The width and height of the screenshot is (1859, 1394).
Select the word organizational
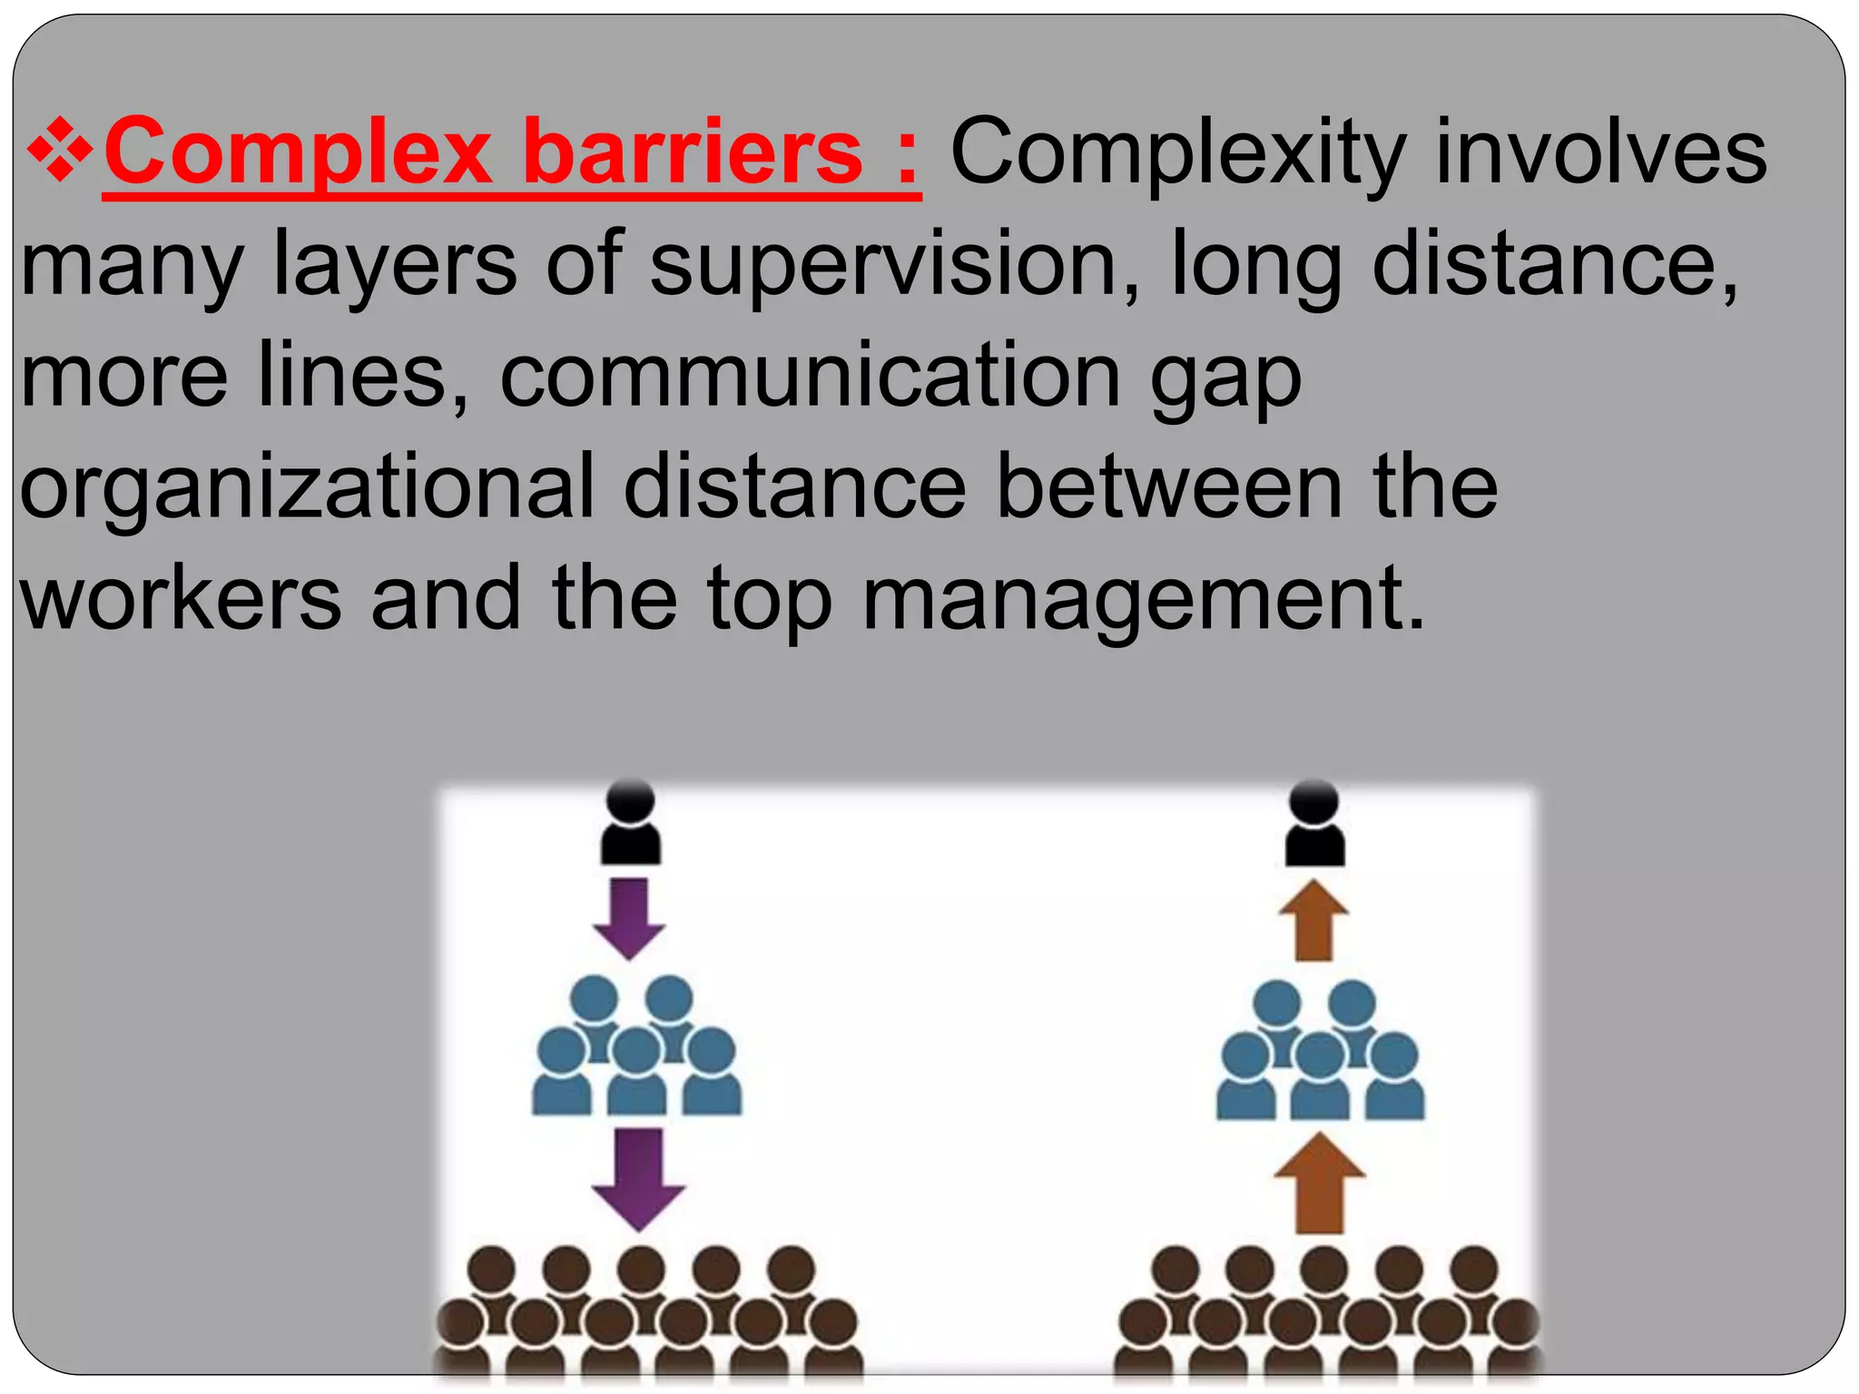pos(307,487)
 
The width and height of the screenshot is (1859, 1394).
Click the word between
pos(1169,487)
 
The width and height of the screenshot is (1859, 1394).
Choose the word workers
pos(182,598)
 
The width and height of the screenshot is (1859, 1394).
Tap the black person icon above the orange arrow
pos(1314,823)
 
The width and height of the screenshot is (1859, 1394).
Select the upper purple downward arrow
pos(628,917)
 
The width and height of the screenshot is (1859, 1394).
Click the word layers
pos(395,264)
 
